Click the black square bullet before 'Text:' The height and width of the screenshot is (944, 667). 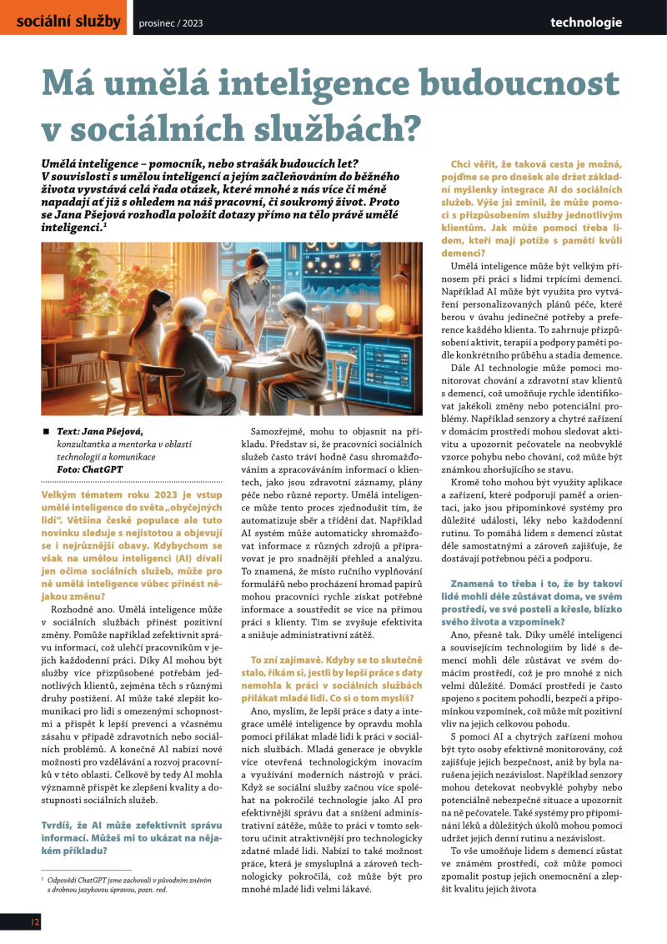(x=46, y=431)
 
